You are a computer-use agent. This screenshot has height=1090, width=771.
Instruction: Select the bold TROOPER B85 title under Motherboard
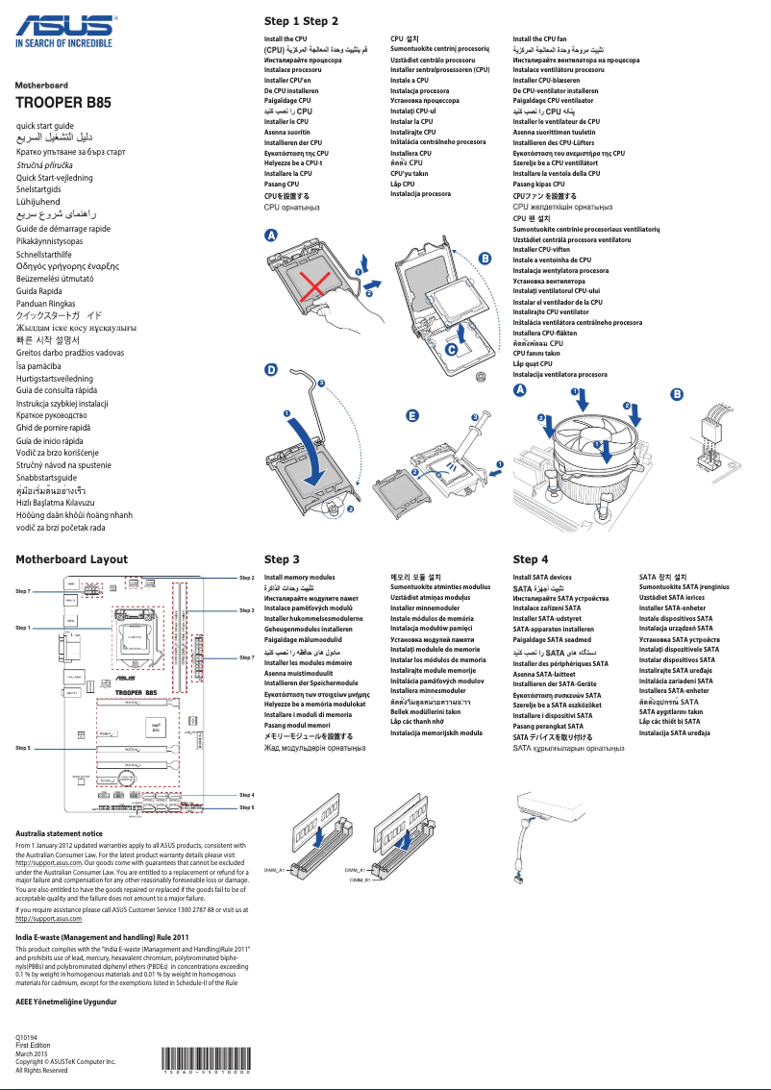point(59,102)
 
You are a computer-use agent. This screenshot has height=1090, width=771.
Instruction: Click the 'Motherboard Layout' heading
point(72,558)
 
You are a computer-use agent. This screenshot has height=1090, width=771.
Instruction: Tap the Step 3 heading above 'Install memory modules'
point(282,558)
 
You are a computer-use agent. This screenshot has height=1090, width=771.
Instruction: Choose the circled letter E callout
point(411,415)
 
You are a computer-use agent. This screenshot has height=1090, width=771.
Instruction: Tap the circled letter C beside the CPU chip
point(451,351)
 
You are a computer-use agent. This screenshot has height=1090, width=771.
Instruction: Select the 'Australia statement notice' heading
point(60,833)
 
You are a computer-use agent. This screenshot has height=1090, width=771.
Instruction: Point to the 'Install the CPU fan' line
point(539,39)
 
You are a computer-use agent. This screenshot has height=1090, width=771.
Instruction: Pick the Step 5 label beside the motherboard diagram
point(23,746)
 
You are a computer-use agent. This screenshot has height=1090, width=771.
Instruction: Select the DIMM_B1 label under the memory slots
point(360,879)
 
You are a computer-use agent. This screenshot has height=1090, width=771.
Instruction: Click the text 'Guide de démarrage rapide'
point(63,229)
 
